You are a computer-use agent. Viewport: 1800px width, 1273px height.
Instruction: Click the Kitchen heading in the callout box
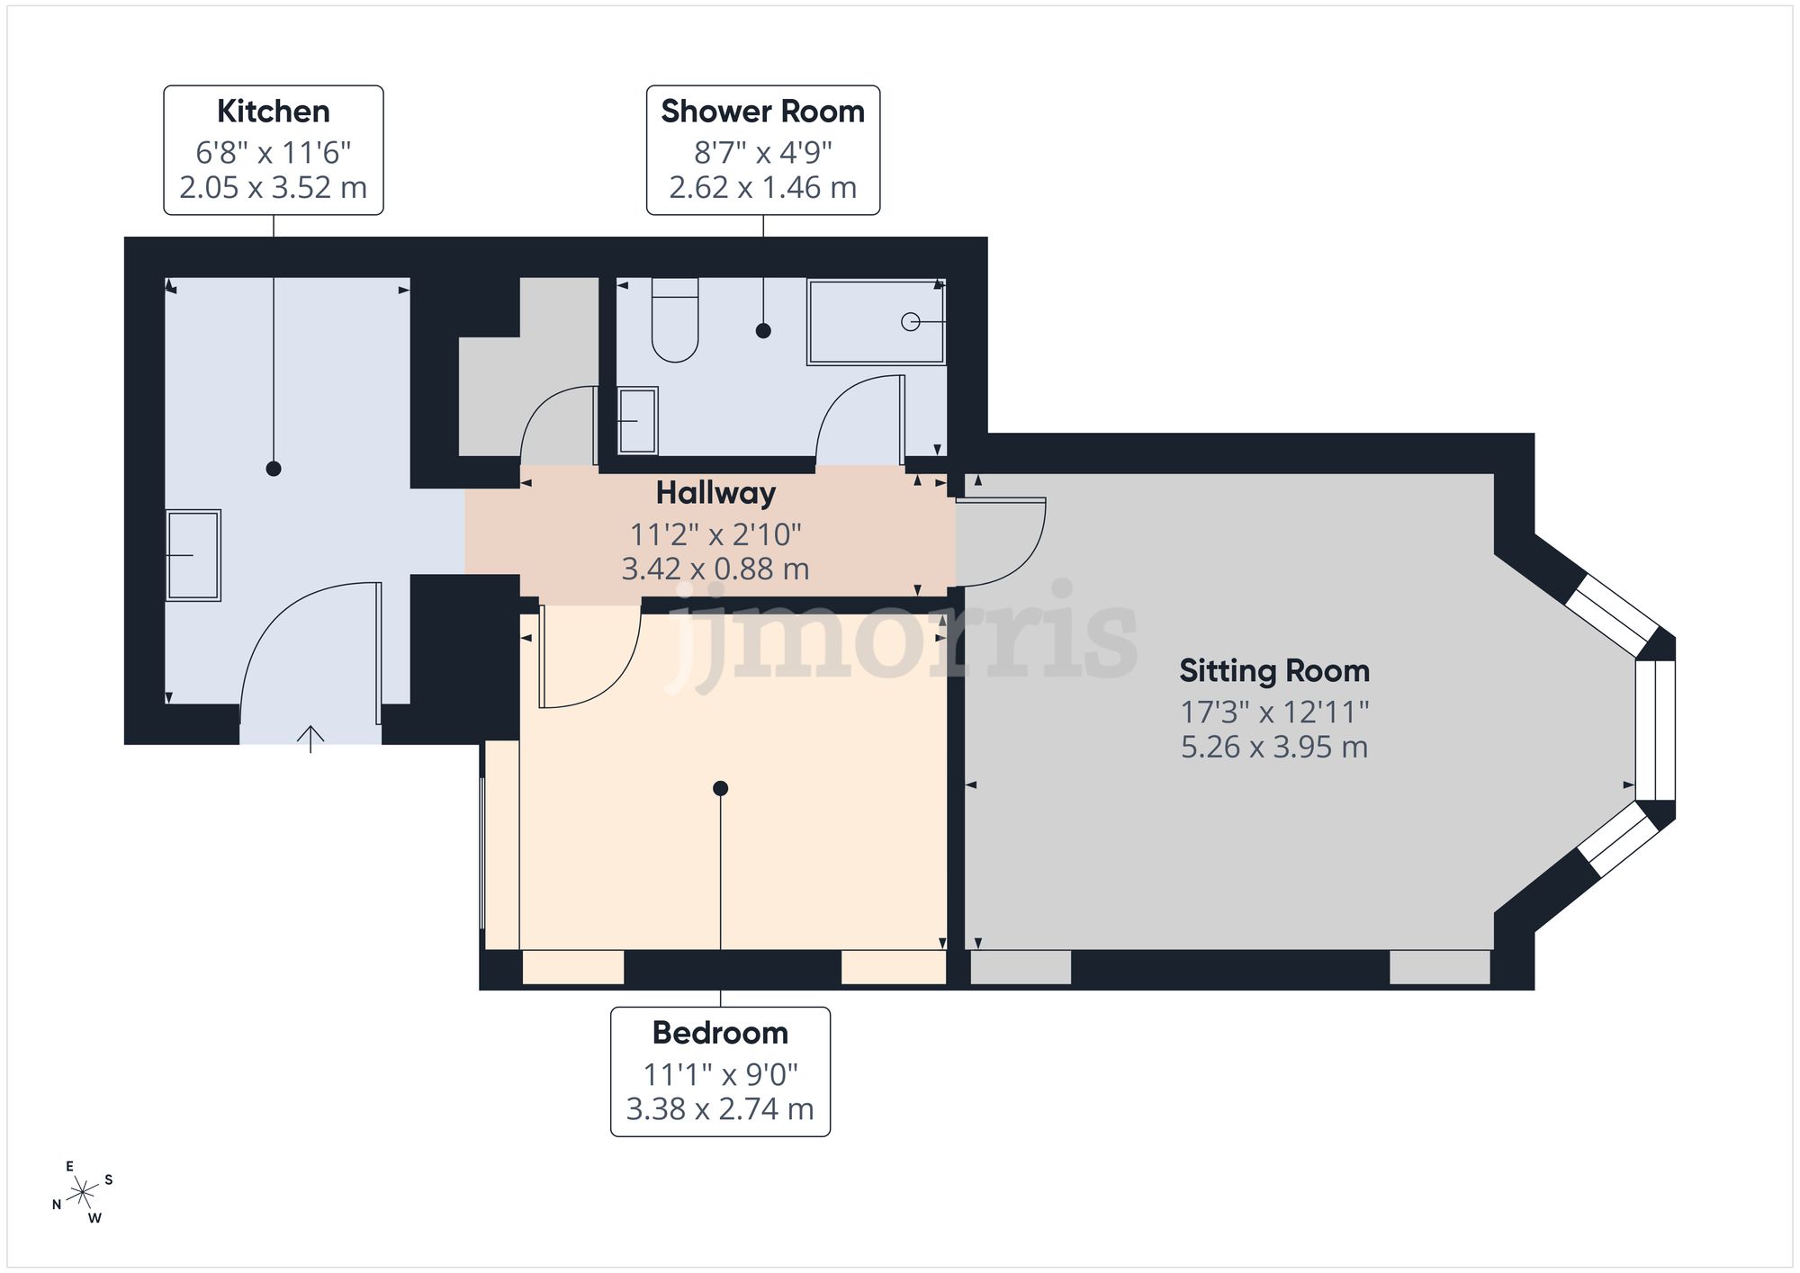click(274, 112)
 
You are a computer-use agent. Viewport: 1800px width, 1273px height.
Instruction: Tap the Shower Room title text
click(763, 112)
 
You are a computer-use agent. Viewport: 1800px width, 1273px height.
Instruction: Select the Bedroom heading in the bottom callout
click(720, 1033)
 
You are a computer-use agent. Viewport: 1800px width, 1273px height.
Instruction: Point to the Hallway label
click(715, 493)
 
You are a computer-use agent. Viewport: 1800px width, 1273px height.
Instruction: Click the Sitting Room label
click(1274, 671)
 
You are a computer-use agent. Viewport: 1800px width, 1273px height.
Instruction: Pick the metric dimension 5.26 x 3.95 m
click(1274, 748)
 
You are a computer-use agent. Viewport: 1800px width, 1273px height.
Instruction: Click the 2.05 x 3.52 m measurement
click(274, 188)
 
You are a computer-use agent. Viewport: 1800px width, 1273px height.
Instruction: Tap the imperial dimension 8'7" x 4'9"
click(763, 152)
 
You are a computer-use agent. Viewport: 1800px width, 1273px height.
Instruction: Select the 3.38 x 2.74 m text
click(720, 1109)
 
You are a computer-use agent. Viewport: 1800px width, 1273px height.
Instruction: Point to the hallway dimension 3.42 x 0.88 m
click(715, 569)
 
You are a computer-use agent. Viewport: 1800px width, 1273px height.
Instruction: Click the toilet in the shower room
click(675, 320)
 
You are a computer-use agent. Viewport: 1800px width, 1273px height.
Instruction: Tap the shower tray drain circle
click(910, 321)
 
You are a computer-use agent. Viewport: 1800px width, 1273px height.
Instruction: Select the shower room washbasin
click(638, 420)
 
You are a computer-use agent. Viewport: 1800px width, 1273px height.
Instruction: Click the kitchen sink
click(193, 555)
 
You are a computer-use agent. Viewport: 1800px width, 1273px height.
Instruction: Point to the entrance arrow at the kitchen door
click(310, 739)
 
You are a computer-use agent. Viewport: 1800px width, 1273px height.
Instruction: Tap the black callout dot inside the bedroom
click(720, 789)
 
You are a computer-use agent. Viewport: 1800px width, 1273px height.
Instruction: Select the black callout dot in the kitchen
click(274, 469)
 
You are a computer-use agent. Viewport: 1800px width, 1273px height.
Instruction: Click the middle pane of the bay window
click(1656, 731)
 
